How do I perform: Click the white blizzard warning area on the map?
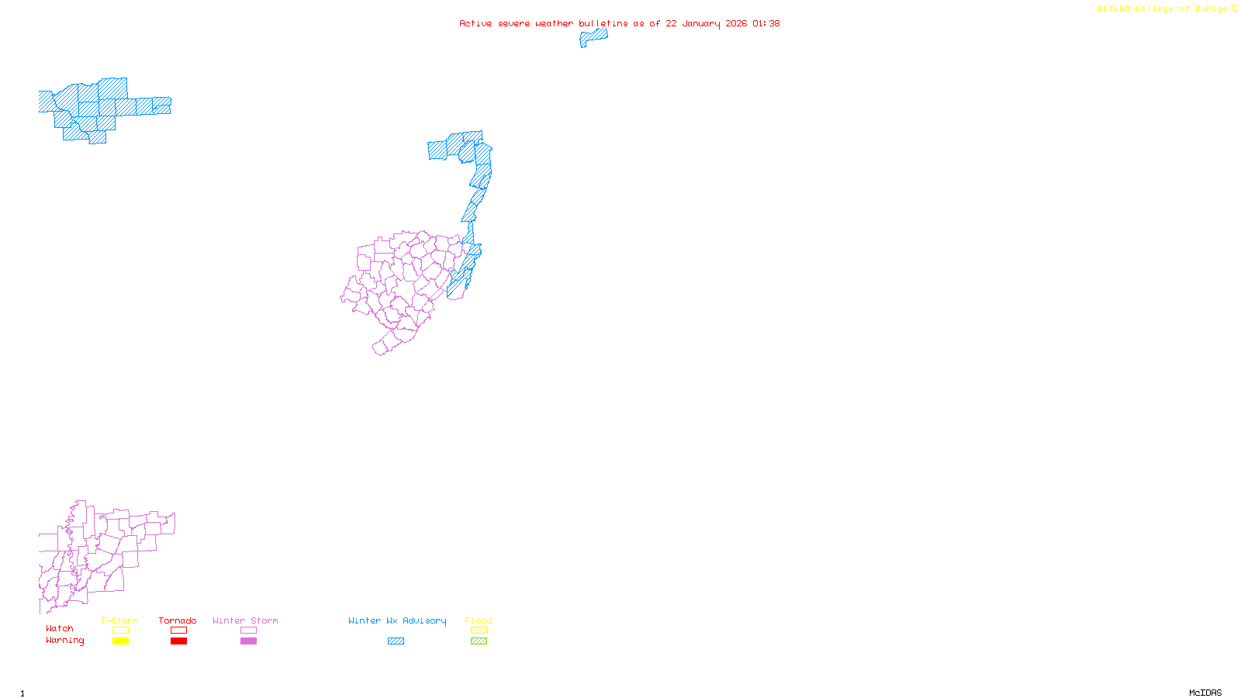tap(48, 130)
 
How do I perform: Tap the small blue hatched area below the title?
tap(593, 36)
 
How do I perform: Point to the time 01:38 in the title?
tap(766, 23)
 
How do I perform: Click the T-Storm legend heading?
tap(119, 620)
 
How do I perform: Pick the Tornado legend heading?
tap(178, 620)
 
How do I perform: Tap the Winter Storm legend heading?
tap(245, 620)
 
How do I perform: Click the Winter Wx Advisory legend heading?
tap(397, 620)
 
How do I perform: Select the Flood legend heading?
tap(479, 620)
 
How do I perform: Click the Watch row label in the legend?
tap(60, 629)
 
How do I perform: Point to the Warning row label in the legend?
tap(65, 641)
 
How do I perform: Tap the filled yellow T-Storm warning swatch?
tap(120, 641)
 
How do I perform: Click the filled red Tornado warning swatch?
tap(178, 641)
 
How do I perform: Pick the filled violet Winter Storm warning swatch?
tap(248, 641)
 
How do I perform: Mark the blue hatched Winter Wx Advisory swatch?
tap(396, 641)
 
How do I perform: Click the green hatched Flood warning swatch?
tap(479, 641)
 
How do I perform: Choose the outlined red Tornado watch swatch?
tap(178, 631)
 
